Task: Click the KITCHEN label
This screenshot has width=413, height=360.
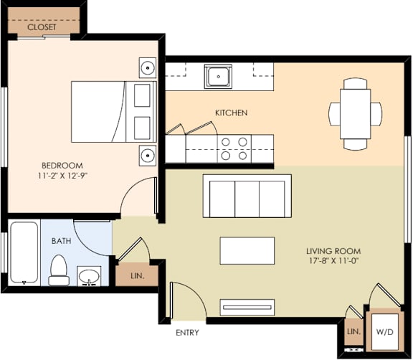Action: (231, 113)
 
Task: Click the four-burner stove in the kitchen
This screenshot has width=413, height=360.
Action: (234, 148)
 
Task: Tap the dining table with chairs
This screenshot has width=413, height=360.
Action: (356, 113)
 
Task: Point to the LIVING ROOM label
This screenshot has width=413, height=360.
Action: (333, 251)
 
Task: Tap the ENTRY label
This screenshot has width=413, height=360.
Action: (187, 333)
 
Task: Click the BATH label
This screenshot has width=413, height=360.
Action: (61, 241)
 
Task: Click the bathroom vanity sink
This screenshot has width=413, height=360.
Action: (90, 276)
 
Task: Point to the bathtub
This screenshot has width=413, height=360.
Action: (24, 253)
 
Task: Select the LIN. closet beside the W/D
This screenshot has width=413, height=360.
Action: (353, 333)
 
